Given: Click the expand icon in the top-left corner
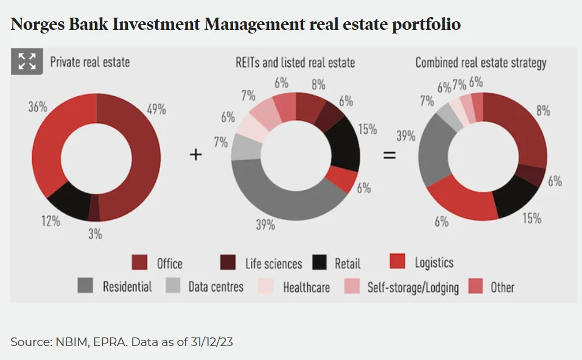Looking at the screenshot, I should pos(27,61).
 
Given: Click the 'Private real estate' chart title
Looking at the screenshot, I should pos(89,62).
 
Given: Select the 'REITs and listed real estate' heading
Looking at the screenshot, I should pos(295,63).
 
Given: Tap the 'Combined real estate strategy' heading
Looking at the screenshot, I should pos(481,63).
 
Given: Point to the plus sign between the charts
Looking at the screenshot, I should pos(195,155).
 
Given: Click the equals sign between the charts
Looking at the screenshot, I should pos(389,155).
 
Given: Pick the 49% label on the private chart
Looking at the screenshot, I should pos(156,110).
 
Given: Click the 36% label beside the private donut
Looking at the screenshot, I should pos(38,107).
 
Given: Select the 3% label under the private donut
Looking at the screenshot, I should pos(95,233).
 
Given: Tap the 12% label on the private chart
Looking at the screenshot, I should pos(51,221).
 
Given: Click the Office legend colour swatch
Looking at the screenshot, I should pos(139,263).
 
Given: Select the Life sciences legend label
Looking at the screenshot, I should pos(273,264).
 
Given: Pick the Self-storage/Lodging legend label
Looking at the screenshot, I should pos(413,287).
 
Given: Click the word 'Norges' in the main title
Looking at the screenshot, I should pos(37,24).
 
